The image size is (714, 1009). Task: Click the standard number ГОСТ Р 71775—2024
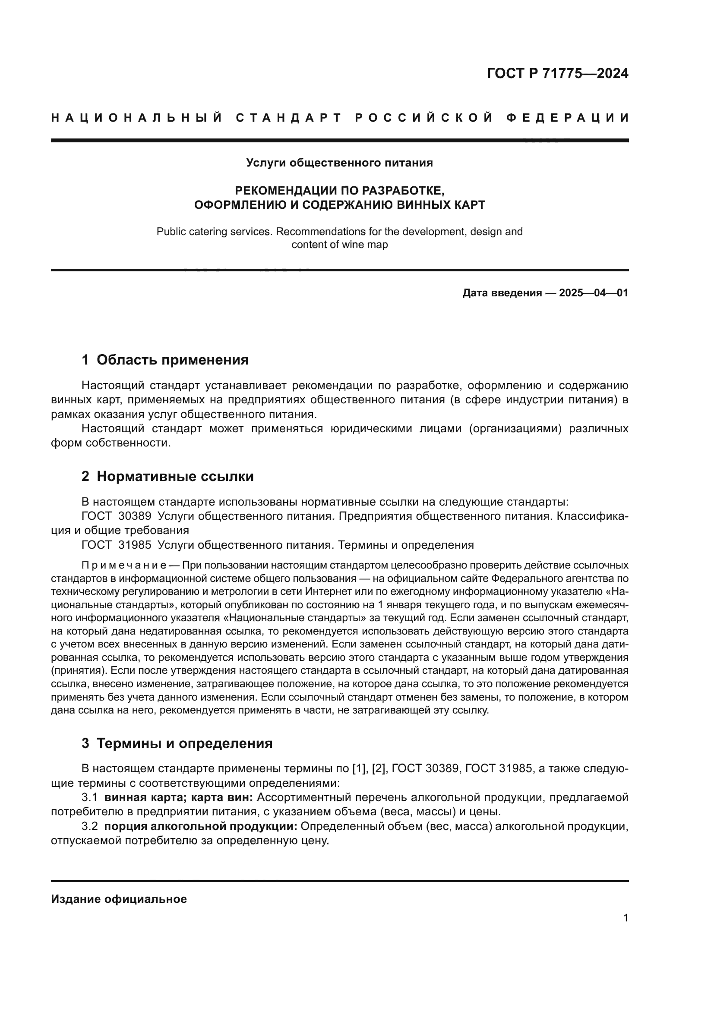[557, 73]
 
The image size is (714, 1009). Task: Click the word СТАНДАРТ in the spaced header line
[289, 118]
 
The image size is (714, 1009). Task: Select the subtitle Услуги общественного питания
[339, 163]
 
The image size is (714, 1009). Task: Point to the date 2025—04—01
[594, 293]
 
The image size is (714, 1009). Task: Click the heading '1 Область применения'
[165, 360]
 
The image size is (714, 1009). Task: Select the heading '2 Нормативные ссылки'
[167, 476]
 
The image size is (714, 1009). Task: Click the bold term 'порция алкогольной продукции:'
[200, 827]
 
